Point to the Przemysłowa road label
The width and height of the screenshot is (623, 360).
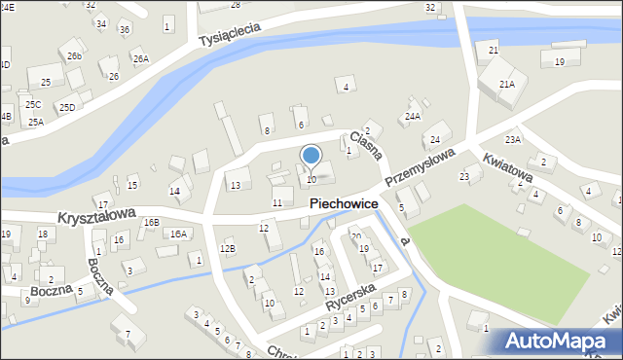tap(420, 167)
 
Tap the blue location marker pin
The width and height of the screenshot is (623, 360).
tap(311, 155)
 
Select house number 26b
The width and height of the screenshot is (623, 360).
tap(75, 56)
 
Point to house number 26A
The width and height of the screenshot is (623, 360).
tap(140, 58)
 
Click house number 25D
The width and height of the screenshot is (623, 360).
tap(66, 107)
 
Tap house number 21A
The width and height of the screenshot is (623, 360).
tap(507, 85)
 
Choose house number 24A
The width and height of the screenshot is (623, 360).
tap(413, 117)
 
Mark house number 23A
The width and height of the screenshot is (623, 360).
tap(513, 140)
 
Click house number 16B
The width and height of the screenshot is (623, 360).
tap(151, 222)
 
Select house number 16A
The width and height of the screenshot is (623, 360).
tap(178, 234)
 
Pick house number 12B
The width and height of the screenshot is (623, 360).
tap(227, 249)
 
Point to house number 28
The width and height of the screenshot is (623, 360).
tap(235, 5)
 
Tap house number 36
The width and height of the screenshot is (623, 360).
tap(124, 29)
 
